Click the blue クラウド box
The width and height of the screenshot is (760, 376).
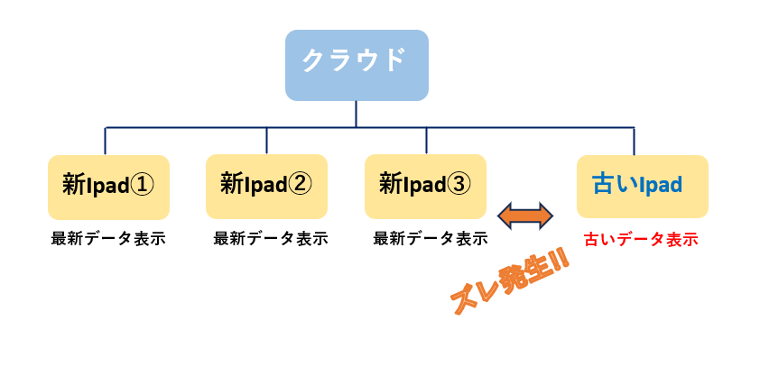pos(357,65)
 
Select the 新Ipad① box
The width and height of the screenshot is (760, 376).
pos(108,188)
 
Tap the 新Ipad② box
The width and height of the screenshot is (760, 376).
pos(266,187)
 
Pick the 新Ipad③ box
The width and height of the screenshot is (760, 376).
pos(425,187)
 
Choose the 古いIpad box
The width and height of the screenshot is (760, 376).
pos(643,187)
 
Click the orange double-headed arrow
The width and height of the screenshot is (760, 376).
pos(525,216)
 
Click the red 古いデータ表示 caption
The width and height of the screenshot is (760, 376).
pos(641,240)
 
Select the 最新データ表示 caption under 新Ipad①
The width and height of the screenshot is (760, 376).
pos(108,239)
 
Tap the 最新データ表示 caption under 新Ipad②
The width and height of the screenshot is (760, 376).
pos(271,239)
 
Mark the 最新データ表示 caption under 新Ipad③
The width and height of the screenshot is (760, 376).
pos(431,239)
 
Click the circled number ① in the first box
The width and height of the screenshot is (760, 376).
pos(143,185)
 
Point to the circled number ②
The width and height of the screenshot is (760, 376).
pos(301,184)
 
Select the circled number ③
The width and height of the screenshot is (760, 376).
pos(459,184)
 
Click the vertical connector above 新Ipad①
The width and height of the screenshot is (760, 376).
pos(106,142)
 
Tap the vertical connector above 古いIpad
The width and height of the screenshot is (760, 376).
pos(634,142)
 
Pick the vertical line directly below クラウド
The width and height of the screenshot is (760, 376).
pos(357,115)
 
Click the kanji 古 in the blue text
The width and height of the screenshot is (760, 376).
pos(601,184)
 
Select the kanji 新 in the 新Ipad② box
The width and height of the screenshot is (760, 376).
pos(230,184)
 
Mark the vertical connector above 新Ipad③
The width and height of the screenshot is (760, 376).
pos(427,141)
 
